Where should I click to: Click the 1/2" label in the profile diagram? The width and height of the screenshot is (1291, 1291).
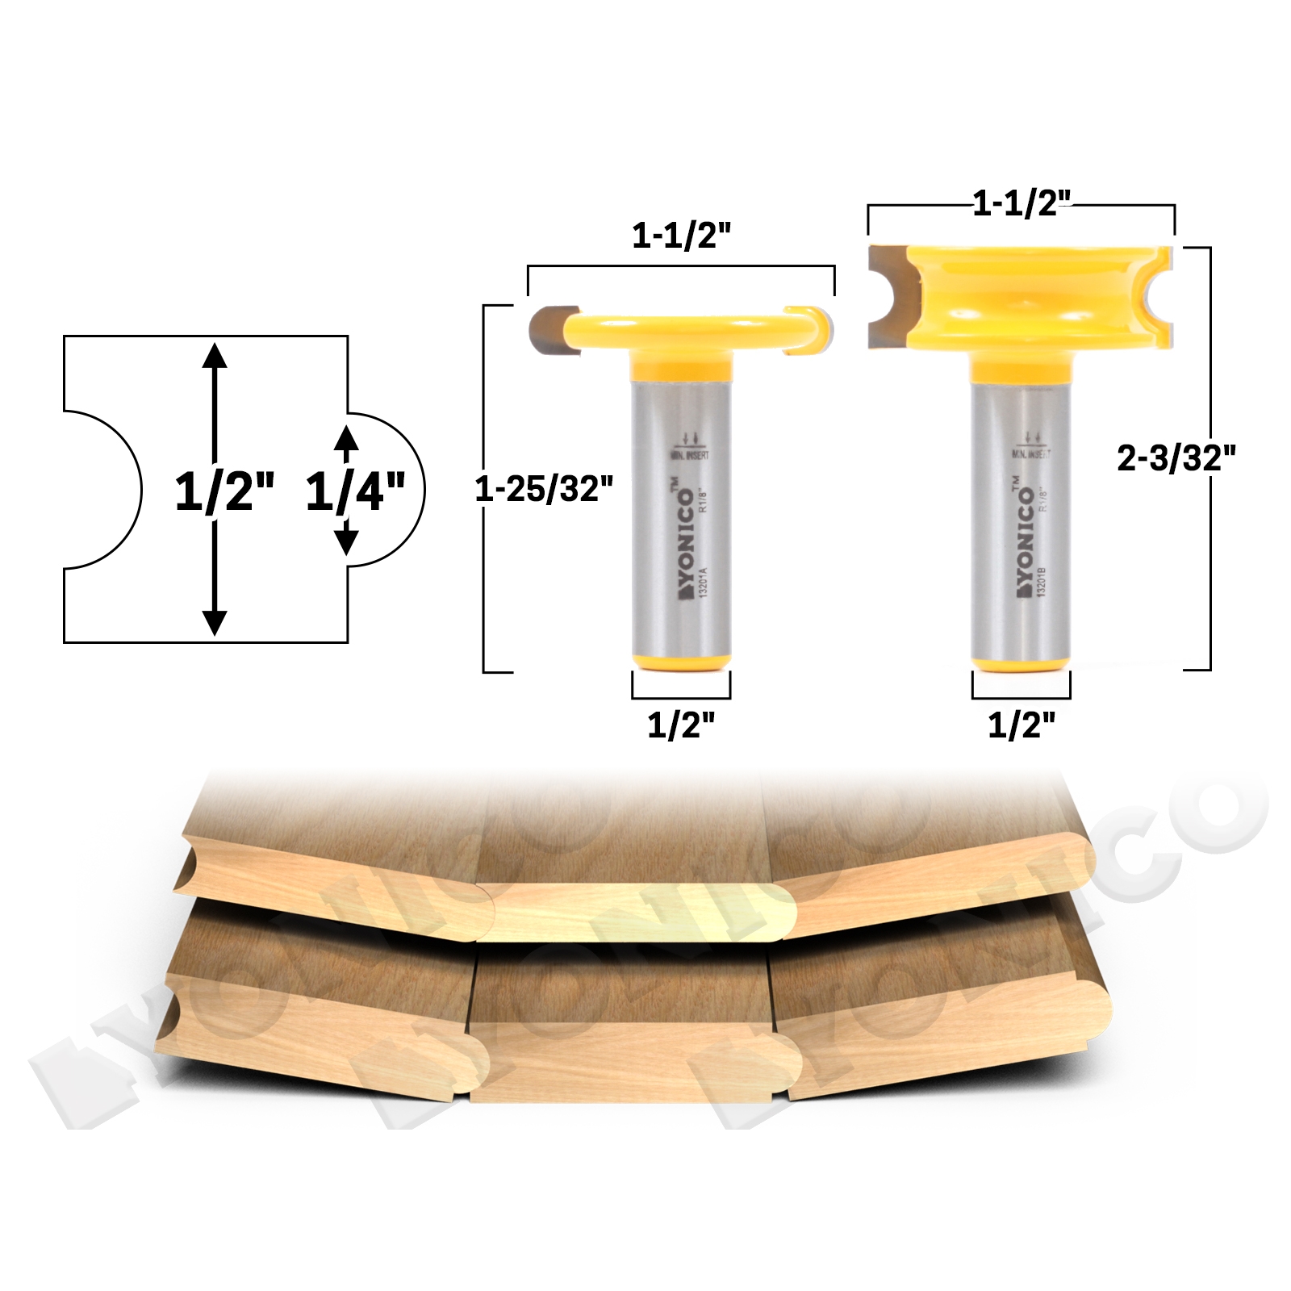pos(224,491)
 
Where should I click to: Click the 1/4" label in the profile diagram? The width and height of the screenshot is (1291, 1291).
pos(354,491)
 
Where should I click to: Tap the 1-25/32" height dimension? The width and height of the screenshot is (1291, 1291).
pos(544,489)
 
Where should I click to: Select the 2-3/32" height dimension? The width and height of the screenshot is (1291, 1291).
pos(1176,458)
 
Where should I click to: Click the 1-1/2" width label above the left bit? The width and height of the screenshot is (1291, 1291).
pos(681,236)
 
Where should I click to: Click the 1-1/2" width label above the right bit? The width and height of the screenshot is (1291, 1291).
pos(1021,203)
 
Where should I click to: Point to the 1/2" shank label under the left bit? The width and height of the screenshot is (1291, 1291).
pos(681,725)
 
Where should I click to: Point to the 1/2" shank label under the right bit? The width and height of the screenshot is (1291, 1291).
pos(1022,725)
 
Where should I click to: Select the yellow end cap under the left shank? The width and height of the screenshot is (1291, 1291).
pos(682,662)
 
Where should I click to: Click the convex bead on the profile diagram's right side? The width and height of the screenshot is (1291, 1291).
pos(391,490)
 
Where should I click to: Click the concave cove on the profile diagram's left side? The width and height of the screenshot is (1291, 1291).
pos(105,490)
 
